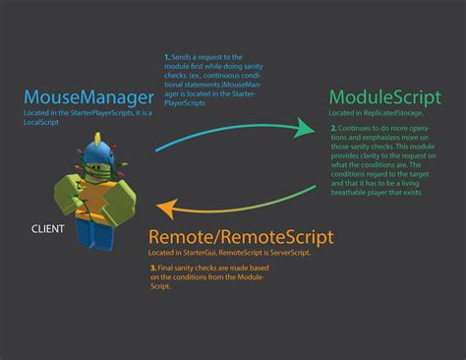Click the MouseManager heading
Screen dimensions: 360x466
tap(88, 97)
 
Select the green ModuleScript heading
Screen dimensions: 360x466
tap(384, 99)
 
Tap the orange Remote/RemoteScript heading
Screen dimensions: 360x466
tap(241, 237)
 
